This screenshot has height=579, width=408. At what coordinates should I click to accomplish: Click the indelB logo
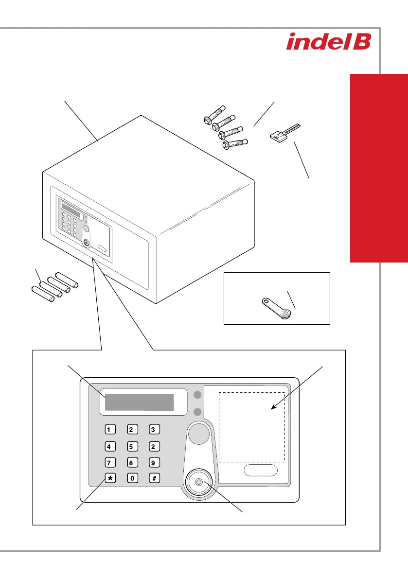329,41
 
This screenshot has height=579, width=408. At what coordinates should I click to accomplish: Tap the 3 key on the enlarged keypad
153,429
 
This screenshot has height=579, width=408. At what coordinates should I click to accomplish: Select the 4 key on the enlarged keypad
111,446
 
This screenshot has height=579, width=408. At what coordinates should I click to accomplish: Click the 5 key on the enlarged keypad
132,446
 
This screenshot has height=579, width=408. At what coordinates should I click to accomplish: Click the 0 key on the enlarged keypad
132,478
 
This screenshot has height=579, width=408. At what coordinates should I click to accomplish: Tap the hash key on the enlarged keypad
153,478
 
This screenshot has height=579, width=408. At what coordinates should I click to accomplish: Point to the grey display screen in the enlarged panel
140,403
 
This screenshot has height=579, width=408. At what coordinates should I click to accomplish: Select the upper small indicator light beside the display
197,395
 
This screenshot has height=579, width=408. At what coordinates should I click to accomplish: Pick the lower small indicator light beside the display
197,412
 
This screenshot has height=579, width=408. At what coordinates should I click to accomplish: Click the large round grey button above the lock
198,434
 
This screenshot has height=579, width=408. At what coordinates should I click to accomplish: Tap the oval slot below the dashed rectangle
260,470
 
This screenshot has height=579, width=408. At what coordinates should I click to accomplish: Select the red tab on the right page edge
378,168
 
